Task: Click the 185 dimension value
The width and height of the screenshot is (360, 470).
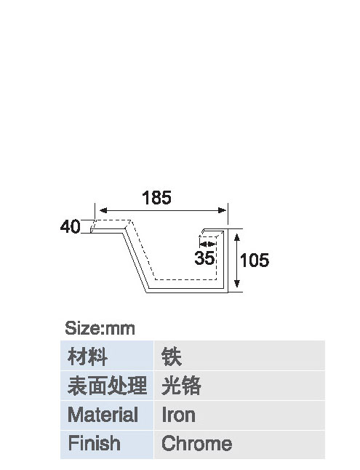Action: point(156,198)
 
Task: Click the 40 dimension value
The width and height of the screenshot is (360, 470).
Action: point(70,226)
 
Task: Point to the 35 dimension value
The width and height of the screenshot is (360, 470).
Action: point(204,258)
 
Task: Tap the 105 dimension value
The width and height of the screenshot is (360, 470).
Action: point(255,260)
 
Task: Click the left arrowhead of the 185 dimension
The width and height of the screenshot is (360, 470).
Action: point(103,210)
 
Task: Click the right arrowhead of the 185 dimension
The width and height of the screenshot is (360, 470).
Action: point(222,210)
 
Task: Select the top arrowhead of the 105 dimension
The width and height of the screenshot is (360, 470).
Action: point(237,238)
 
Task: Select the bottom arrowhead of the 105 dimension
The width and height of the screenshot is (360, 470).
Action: point(237,283)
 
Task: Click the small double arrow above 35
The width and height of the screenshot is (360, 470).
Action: point(207,244)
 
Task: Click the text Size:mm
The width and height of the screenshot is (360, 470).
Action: point(100,328)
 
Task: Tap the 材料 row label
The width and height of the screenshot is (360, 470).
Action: point(87,357)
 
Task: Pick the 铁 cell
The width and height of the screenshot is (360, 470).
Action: point(172,357)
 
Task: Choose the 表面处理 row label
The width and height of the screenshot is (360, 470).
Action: point(108,386)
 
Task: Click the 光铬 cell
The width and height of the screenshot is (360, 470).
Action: point(181,386)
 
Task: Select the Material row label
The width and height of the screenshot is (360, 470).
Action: point(103,415)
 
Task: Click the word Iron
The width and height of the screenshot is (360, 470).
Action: point(178,415)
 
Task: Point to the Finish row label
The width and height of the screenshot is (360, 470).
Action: point(94,443)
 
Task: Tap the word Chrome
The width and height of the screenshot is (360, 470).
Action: point(196,443)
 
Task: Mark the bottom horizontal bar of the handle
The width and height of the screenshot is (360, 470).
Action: point(188,290)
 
